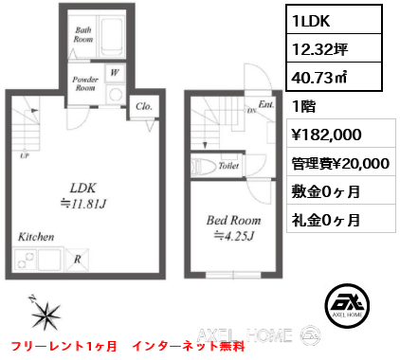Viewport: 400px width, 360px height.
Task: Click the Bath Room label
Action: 83,35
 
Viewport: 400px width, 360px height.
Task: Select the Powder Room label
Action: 85,83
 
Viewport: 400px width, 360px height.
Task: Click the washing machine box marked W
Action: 115,73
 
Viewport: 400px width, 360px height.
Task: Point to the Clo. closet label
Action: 144,106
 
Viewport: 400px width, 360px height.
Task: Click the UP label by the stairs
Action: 25,155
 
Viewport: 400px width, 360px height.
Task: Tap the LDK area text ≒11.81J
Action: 83,204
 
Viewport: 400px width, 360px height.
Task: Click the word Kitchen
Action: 36,237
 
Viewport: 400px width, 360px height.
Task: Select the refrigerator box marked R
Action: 77,260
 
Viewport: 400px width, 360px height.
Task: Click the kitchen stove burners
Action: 25,260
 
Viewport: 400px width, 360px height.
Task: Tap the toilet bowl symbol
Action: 204,166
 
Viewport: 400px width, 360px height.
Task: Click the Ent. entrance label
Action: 266,104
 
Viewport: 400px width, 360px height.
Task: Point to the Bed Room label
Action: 234,221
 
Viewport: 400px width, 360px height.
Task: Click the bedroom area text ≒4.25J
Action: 234,236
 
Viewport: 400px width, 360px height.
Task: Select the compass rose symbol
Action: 45,313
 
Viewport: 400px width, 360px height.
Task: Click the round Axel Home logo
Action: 347,305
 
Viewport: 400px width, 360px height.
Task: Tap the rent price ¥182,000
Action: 326,135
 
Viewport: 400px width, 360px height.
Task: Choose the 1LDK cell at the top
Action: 335,21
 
